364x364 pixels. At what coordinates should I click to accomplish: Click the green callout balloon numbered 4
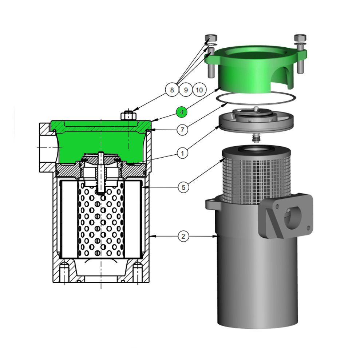pos(182,112)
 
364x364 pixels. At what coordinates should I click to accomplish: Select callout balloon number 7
pos(182,130)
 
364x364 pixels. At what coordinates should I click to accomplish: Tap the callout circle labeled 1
pos(182,153)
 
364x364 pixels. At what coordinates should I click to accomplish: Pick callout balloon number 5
pos(183,187)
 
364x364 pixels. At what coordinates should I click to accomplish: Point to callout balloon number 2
pos(183,236)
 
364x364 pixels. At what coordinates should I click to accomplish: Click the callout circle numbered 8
pos(172,90)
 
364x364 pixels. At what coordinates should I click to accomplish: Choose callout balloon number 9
pos(186,90)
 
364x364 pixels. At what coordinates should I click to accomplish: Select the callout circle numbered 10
pos(199,90)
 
